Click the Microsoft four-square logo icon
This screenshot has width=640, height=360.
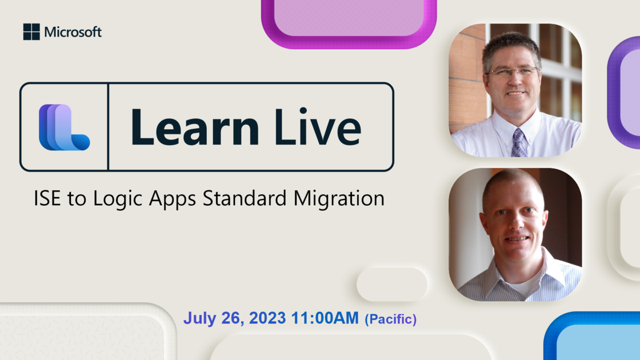click(x=31, y=32)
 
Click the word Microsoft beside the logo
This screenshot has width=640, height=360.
click(x=73, y=32)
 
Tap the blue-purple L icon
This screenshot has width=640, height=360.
click(x=64, y=127)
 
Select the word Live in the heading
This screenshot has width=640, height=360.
click(x=318, y=126)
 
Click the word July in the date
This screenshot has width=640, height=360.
click(x=199, y=318)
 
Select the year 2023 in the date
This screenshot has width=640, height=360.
click(x=267, y=318)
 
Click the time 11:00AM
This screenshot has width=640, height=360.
click(x=325, y=318)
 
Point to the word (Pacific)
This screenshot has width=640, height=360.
click(x=391, y=319)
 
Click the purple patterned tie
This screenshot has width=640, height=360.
click(x=519, y=143)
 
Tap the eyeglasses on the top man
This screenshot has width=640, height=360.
click(x=512, y=73)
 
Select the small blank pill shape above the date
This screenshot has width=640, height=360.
click(x=392, y=285)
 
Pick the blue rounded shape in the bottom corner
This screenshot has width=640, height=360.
click(x=593, y=336)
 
